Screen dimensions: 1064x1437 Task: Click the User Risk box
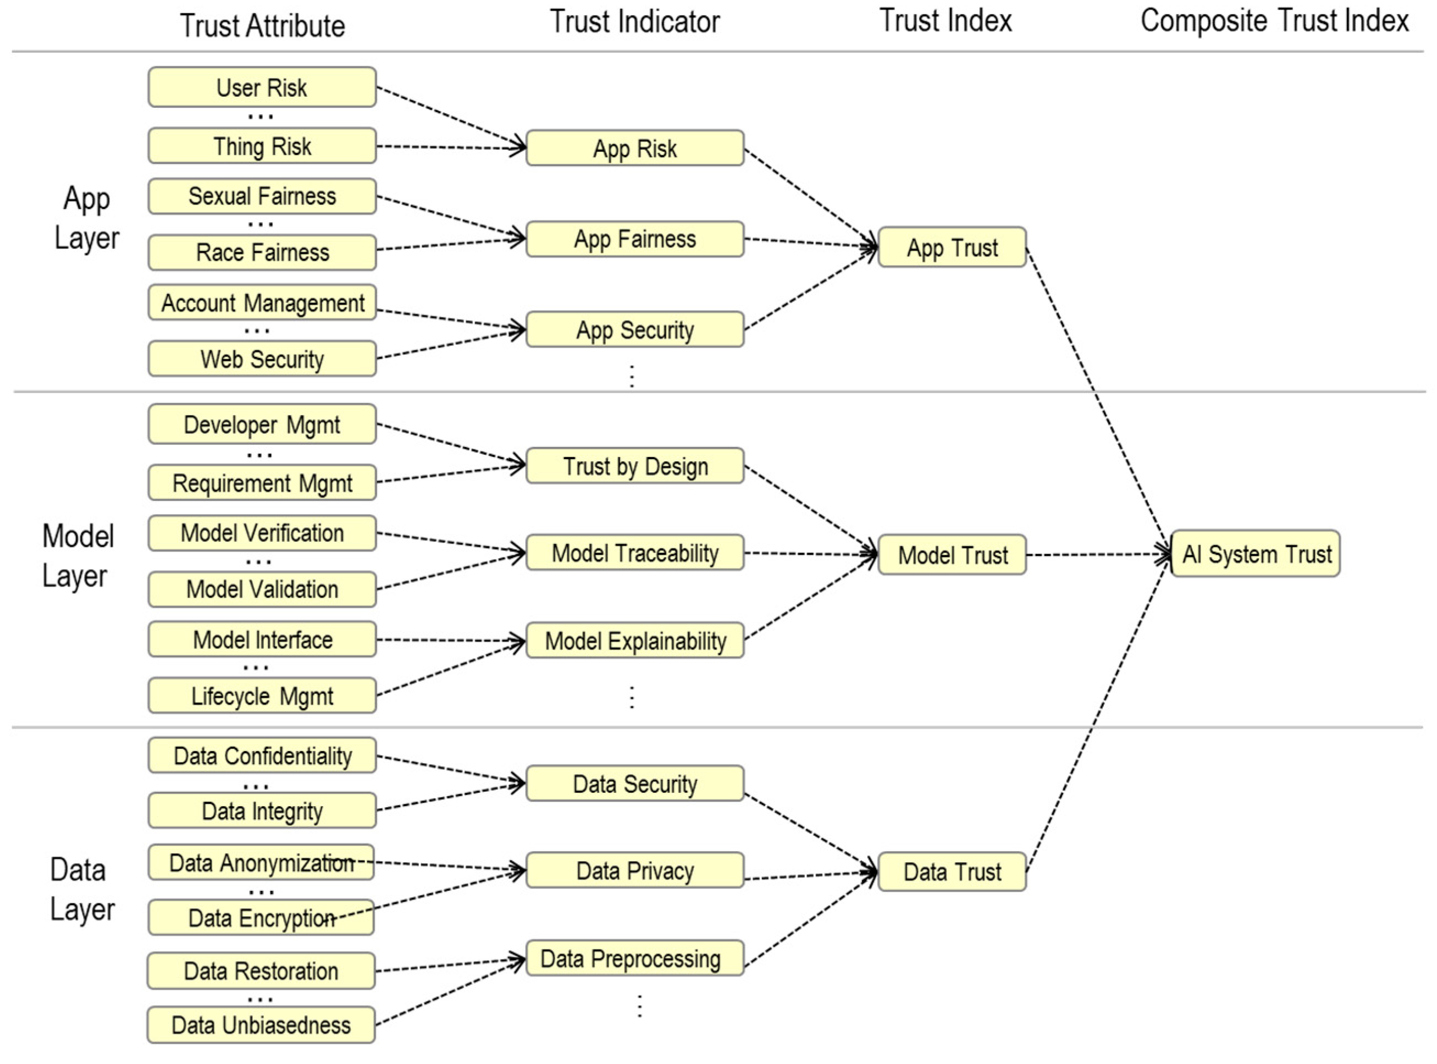pyautogui.click(x=262, y=87)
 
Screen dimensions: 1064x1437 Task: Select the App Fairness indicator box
pyautogui.click(x=635, y=240)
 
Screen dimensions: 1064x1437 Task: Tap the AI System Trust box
pyautogui.click(x=1256, y=554)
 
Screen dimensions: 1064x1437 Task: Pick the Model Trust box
pyautogui.click(x=952, y=554)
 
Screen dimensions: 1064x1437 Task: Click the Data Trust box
pyautogui.click(x=952, y=872)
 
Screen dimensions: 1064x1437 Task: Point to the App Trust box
pyautogui.click(x=952, y=247)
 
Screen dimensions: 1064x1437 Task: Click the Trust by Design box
pyautogui.click(x=635, y=466)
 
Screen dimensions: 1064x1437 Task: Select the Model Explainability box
pyautogui.click(x=635, y=641)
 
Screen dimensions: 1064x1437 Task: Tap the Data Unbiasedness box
pyautogui.click(x=261, y=1025)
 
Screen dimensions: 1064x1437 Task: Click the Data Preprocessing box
pyautogui.click(x=635, y=958)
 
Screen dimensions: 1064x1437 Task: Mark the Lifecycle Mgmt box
pyautogui.click(x=262, y=696)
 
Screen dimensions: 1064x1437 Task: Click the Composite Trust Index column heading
pyautogui.click(x=1274, y=20)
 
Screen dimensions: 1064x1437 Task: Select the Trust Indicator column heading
pyautogui.click(x=635, y=21)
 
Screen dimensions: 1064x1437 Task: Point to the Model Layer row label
pyautogui.click(x=78, y=556)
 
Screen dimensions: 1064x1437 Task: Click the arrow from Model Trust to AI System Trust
pyautogui.click(x=1098, y=554)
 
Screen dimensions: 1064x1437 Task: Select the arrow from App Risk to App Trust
pyautogui.click(x=811, y=196)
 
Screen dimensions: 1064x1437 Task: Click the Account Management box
pyautogui.click(x=262, y=303)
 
